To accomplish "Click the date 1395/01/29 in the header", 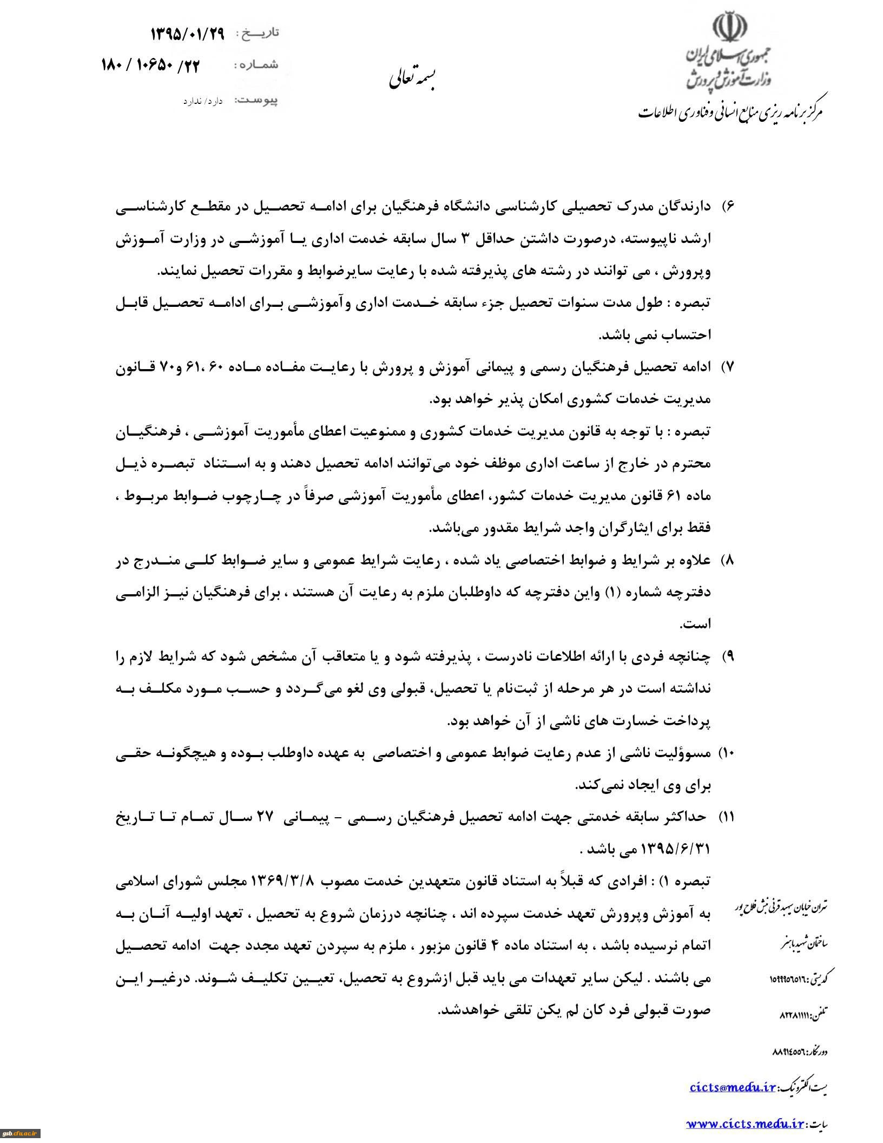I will (x=187, y=34).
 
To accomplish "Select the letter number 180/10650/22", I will (x=150, y=66).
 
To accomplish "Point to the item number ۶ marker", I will (x=727, y=208).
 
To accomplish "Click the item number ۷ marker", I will (x=727, y=367).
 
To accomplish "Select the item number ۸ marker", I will (x=727, y=560).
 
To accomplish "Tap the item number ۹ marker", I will (x=727, y=656).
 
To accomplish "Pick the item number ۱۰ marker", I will (x=724, y=753).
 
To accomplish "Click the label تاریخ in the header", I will (x=261, y=34).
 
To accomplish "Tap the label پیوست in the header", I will (x=258, y=101).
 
